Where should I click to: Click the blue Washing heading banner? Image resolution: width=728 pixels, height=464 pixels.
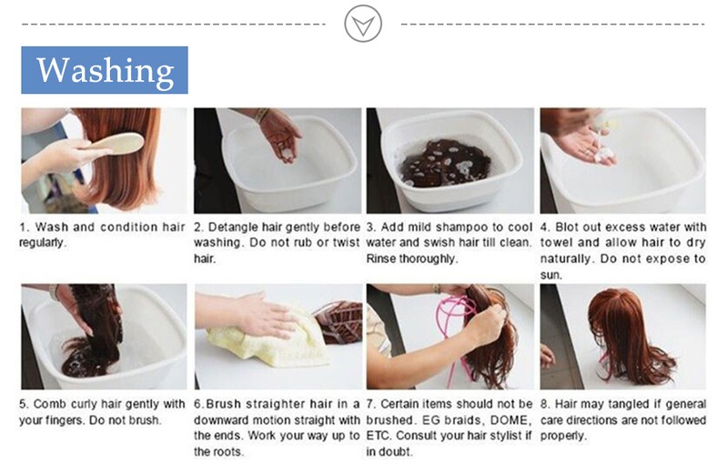click(105, 70)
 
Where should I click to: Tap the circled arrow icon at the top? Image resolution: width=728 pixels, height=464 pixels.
click(363, 24)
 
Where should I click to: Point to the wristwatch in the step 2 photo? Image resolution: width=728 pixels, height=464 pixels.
click(261, 115)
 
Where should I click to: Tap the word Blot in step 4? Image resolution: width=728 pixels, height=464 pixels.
click(566, 227)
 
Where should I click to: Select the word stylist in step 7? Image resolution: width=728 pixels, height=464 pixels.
click(503, 436)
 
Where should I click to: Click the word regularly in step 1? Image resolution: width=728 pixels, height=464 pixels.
click(41, 243)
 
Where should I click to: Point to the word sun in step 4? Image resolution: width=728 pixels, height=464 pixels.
click(550, 275)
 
